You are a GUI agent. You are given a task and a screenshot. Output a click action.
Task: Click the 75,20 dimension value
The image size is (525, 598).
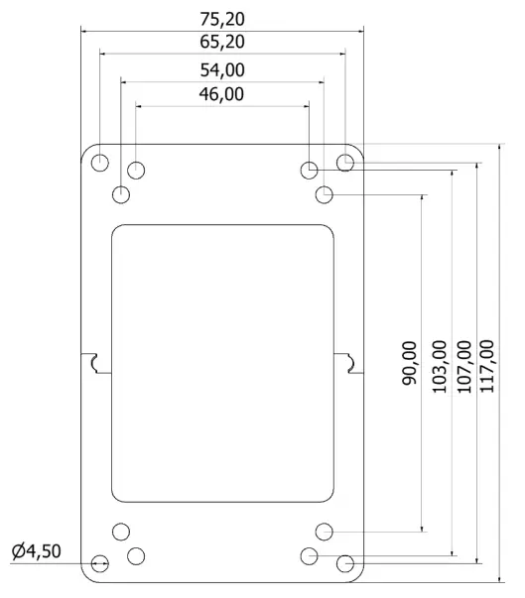pos(221,18)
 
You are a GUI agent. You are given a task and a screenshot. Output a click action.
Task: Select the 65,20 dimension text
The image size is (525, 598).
pos(221,42)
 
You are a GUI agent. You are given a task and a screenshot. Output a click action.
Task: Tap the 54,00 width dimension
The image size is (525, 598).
pos(221,69)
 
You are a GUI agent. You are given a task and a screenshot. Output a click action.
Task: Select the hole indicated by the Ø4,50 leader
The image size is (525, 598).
pos(100,564)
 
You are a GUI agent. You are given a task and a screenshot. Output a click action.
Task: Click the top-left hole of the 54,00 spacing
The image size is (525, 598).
pos(121,194)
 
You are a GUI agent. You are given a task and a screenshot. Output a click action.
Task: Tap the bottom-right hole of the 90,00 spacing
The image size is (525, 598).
pos(324,531)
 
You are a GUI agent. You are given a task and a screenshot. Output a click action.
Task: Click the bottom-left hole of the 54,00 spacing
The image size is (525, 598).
pos(121,531)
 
